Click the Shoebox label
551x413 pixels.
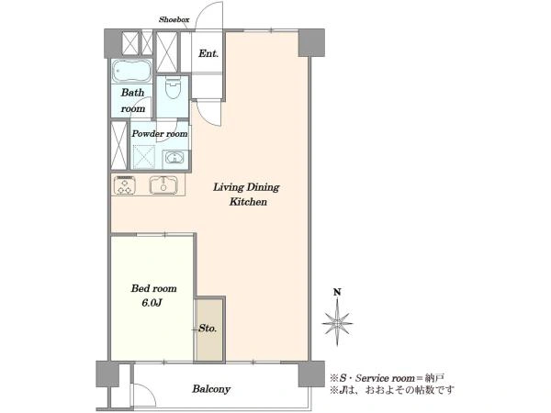pyautogui.click(x=174, y=19)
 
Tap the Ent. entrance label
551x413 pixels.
pyautogui.click(x=208, y=53)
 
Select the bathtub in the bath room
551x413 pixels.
pyautogui.click(x=131, y=72)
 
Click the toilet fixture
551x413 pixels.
pyautogui.click(x=173, y=87)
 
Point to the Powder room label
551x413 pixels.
pyautogui.click(x=160, y=134)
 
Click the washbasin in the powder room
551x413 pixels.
pyautogui.click(x=174, y=157)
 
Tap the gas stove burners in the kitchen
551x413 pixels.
pyautogui.click(x=125, y=184)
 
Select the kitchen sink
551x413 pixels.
pyautogui.click(x=163, y=184)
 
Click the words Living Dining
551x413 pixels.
pyautogui.click(x=246, y=187)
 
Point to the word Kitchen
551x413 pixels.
pyautogui.click(x=248, y=202)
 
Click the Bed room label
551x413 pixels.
pyautogui.click(x=153, y=289)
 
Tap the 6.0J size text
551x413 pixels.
pyautogui.click(x=152, y=303)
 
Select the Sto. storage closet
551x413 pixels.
pyautogui.click(x=209, y=329)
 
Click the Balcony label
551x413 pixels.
pyautogui.click(x=211, y=389)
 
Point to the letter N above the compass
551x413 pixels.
pyautogui.click(x=337, y=292)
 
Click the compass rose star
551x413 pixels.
pyautogui.click(x=337, y=322)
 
